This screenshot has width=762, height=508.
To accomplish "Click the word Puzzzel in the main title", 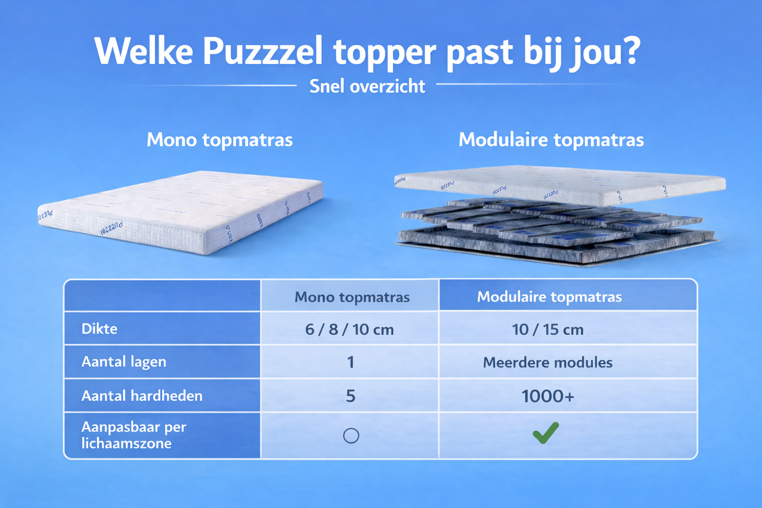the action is click(x=262, y=52).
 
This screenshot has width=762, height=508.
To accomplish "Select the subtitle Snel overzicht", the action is click(x=367, y=86).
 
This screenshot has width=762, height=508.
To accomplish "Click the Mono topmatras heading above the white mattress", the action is click(x=220, y=140).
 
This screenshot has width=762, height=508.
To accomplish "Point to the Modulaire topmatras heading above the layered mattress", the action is click(x=551, y=140).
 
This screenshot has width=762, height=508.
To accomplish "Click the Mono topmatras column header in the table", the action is click(x=352, y=297).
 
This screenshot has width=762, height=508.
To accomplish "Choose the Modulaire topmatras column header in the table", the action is click(x=549, y=297).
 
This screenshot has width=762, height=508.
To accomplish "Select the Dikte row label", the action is click(x=99, y=329).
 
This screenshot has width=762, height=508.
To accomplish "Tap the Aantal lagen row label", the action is click(x=124, y=362).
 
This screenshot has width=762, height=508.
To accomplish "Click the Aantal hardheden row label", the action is click(x=142, y=396).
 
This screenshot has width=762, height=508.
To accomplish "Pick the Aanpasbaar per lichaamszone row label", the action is click(x=133, y=435).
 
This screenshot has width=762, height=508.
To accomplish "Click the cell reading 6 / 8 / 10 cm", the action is click(x=349, y=329).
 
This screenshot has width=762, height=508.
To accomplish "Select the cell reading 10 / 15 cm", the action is click(x=548, y=329).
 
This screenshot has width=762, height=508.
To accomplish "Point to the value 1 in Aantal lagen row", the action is click(x=351, y=362).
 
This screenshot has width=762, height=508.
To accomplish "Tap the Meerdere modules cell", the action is click(x=548, y=362).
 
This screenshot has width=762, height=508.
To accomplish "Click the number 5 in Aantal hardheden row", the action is click(x=351, y=396).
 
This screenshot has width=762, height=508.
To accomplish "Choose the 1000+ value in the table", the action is click(x=548, y=396).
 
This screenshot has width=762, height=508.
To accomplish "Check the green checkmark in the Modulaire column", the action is click(x=546, y=433).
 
